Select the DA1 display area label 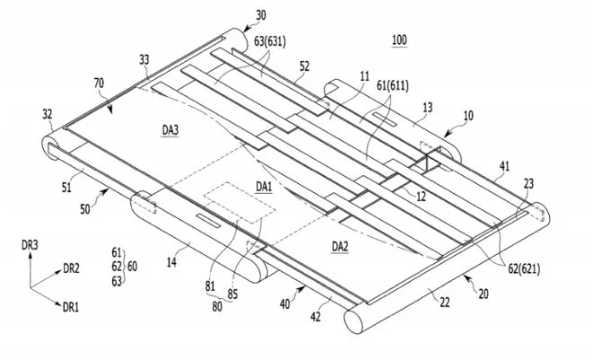coord(263,186)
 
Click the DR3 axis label coord(30,244)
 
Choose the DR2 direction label coord(72,268)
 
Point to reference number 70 coord(99,83)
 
